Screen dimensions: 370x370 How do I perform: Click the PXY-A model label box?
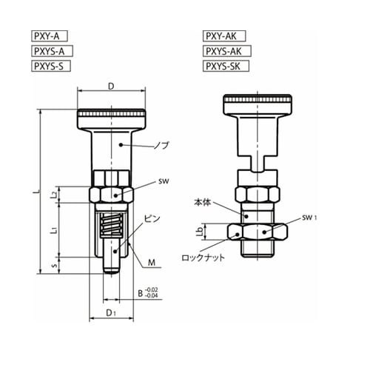[x=50, y=36]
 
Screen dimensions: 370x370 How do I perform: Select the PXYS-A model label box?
[x=52, y=51]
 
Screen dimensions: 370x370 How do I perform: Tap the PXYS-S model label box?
[x=51, y=66]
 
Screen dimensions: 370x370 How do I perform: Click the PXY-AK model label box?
[x=224, y=36]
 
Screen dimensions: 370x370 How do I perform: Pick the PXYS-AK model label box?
[x=227, y=51]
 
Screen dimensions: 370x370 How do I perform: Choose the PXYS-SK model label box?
[x=226, y=66]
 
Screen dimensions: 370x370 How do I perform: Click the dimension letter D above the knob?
[x=111, y=87]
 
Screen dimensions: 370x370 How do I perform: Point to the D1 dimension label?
[x=111, y=313]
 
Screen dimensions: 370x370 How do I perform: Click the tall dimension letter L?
[x=37, y=192]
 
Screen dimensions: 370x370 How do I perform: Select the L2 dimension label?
[x=54, y=195]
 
